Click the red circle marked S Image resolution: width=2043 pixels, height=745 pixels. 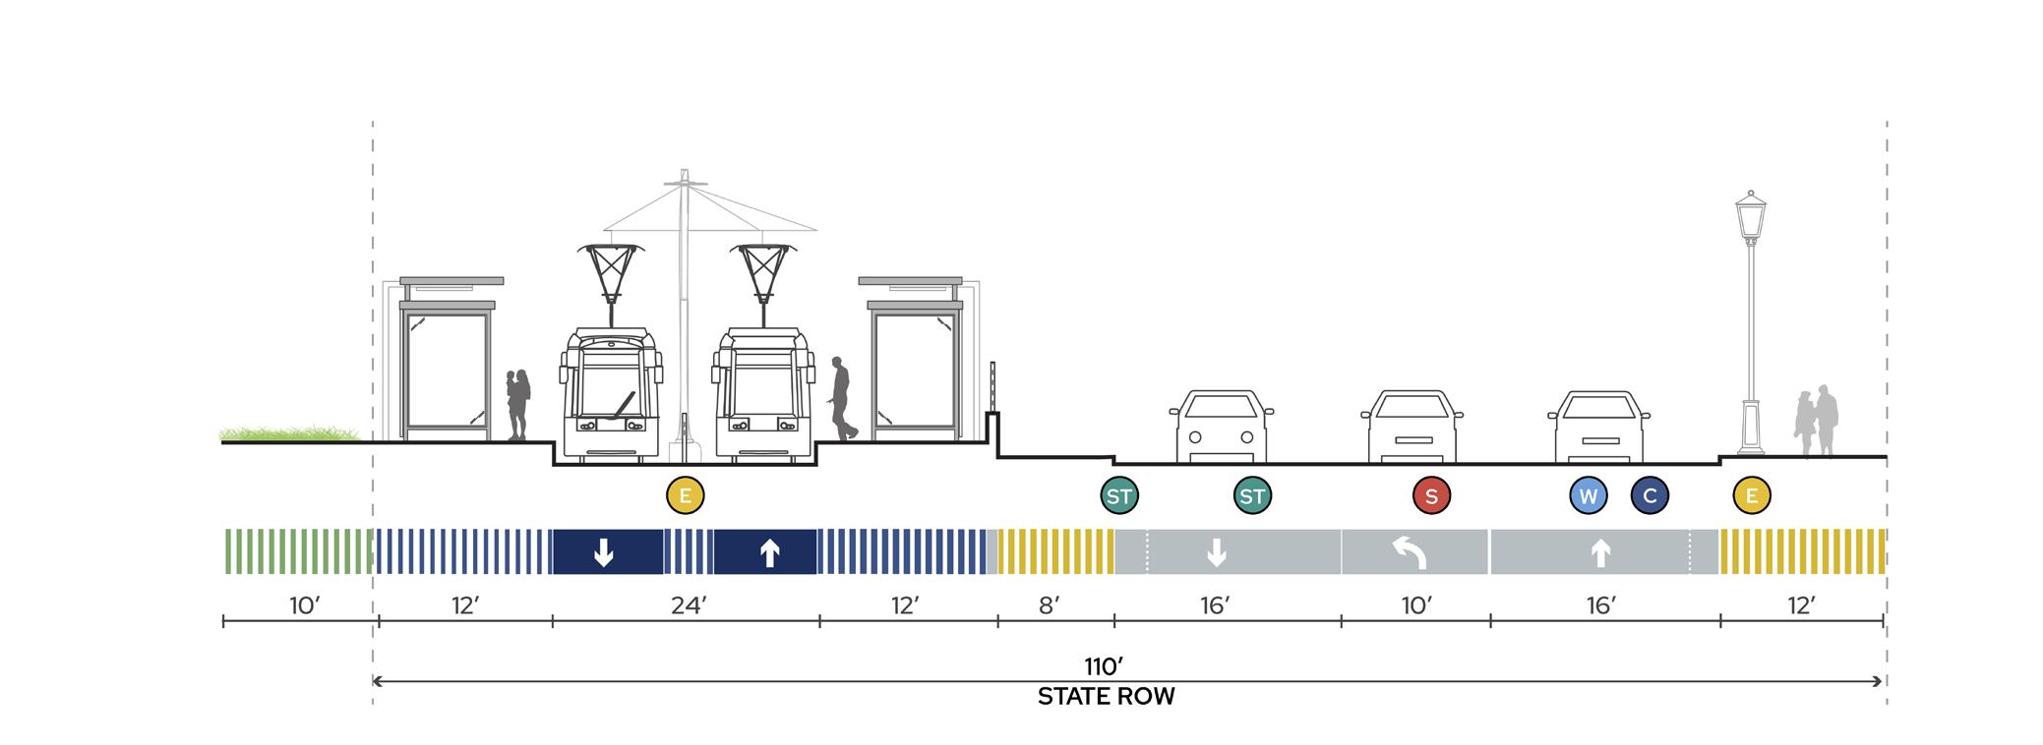[x=1431, y=496]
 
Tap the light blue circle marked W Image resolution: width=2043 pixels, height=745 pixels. [x=1588, y=496]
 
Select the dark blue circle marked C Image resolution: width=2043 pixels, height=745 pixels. [x=1650, y=496]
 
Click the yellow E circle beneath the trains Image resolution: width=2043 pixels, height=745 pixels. [x=686, y=496]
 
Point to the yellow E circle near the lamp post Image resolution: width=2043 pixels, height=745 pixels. [x=1752, y=496]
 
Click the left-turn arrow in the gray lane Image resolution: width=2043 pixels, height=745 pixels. [x=1413, y=552]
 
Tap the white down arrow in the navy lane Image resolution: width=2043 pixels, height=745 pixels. [x=604, y=552]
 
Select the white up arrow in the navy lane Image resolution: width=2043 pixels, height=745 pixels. [x=770, y=552]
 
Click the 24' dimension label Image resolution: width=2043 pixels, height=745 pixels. [x=689, y=606]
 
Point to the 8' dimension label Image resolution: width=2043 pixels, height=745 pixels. [x=1050, y=606]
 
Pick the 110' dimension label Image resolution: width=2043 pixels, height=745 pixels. [x=1104, y=667]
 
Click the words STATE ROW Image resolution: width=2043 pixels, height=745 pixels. [x=1106, y=697]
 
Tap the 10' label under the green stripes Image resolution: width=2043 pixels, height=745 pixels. [x=305, y=606]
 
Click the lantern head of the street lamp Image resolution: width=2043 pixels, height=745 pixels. [x=1750, y=216]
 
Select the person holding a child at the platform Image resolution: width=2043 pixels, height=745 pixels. [x=517, y=404]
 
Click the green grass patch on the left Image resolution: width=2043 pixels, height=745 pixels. [x=289, y=433]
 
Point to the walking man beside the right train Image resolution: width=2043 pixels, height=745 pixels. [x=842, y=398]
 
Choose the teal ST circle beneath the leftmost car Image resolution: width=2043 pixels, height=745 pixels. [x=1252, y=496]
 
